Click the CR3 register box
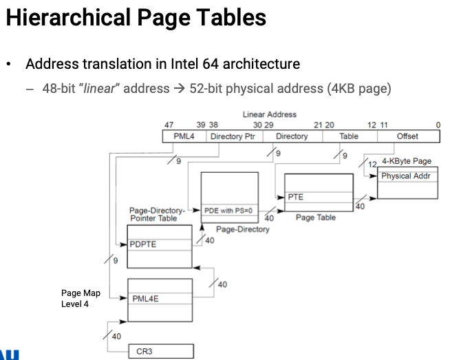click(x=160, y=351)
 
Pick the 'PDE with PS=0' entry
click(x=228, y=209)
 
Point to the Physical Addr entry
click(x=407, y=176)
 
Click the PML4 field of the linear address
click(x=184, y=136)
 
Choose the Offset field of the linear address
click(x=407, y=136)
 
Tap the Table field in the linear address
click(x=349, y=136)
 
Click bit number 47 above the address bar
click(x=169, y=125)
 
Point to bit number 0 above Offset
click(x=438, y=125)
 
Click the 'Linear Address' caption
click(x=269, y=114)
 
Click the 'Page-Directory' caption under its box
click(x=243, y=229)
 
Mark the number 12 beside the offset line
click(x=373, y=164)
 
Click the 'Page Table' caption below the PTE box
click(x=316, y=218)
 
